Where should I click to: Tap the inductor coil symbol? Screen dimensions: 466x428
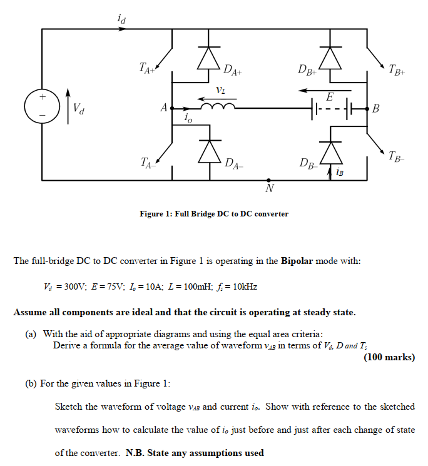click(x=219, y=107)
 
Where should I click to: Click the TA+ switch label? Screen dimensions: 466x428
click(x=147, y=67)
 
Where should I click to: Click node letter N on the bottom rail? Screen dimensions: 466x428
click(x=269, y=189)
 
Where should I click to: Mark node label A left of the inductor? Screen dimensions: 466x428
click(x=163, y=108)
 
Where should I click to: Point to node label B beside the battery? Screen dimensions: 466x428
click(x=375, y=109)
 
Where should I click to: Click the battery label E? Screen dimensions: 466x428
click(x=330, y=96)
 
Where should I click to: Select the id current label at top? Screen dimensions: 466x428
click(x=121, y=19)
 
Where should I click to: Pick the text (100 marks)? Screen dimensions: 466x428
click(x=389, y=357)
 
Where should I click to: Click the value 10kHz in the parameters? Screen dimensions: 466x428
click(x=243, y=286)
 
